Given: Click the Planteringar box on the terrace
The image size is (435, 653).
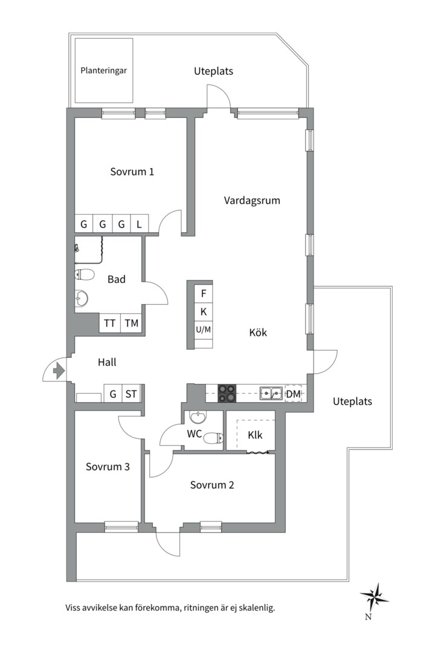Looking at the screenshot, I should [x=103, y=70].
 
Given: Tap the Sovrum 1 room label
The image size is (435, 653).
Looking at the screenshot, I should [x=132, y=172].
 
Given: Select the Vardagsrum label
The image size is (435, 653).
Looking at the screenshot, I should [x=252, y=200].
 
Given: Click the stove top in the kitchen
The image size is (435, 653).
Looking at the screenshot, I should [x=227, y=393].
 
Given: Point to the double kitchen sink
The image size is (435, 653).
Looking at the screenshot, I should [x=271, y=394].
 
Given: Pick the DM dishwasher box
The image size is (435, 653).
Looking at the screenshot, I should [x=293, y=394].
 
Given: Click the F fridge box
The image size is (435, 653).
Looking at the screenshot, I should [x=204, y=294].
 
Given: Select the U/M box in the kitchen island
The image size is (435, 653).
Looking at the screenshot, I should [x=204, y=330].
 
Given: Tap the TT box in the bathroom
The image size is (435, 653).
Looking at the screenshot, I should [x=109, y=323].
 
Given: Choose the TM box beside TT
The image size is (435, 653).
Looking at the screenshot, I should [x=131, y=323].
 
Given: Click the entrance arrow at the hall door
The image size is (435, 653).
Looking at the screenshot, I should [x=59, y=370].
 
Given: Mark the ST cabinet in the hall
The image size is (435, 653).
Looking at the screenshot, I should [x=131, y=394].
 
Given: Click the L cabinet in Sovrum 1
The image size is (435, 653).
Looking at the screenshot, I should [x=139, y=224].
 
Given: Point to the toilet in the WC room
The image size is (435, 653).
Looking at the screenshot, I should [x=212, y=438].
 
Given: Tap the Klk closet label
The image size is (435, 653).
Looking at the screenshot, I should [x=254, y=434].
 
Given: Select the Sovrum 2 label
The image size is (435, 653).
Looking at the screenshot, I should [x=211, y=485].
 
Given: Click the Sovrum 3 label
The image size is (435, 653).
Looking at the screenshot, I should [x=108, y=467].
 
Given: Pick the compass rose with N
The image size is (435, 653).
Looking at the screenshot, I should [x=374, y=595].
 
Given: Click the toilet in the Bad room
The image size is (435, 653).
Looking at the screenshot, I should [x=85, y=275].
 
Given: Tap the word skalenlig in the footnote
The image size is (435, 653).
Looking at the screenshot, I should [x=254, y=608].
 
